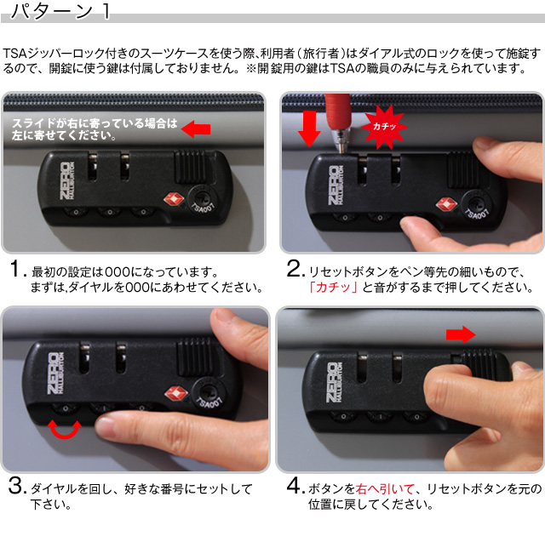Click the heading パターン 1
tap(60, 11)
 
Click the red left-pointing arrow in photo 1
tap(196, 129)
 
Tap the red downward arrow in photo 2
tap(309, 128)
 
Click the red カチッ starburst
tap(384, 127)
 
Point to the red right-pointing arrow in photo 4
tap(461, 334)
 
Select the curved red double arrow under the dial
tap(65, 430)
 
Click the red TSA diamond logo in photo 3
tap(175, 394)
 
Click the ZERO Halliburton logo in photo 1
tap(66, 181)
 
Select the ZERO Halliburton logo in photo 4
tap(334, 383)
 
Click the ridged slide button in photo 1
tap(190, 166)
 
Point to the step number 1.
tap(17, 269)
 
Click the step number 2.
tap(295, 269)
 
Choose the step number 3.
tap(17, 485)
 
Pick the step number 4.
tap(295, 485)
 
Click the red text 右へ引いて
tap(385, 489)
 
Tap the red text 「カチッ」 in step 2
tap(333, 288)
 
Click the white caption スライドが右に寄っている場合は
tap(95, 123)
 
